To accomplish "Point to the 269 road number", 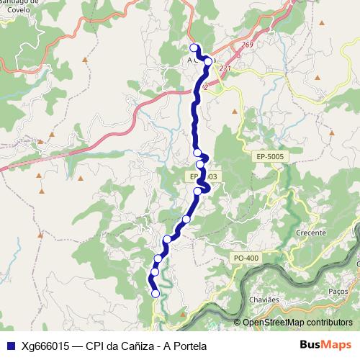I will click(248, 45).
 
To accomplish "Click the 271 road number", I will click(226, 68).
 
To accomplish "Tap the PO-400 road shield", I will click(246, 258).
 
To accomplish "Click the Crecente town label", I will click(310, 234).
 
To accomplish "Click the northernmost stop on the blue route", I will click(193, 48).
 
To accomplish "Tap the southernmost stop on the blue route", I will click(156, 293).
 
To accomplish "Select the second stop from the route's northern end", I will click(208, 62).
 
